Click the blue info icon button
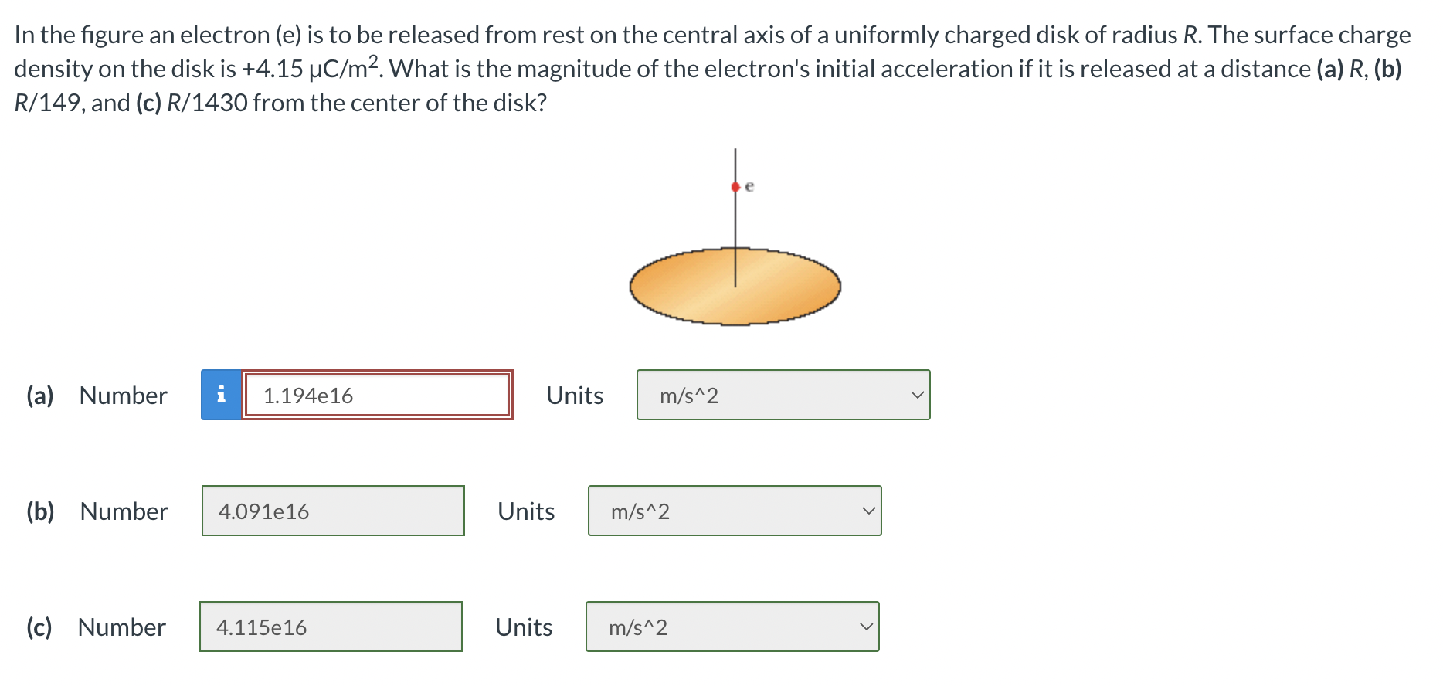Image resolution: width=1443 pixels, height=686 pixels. (x=221, y=395)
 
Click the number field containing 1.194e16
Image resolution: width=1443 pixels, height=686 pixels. (x=377, y=395)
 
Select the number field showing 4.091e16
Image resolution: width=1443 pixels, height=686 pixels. (x=333, y=511)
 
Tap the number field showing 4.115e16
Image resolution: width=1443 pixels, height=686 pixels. (x=331, y=627)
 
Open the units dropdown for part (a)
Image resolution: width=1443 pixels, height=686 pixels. (x=783, y=395)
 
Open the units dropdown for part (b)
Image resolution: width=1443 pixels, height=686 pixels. (x=734, y=511)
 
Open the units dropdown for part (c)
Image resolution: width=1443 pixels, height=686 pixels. (x=732, y=627)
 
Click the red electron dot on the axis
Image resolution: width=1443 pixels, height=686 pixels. (x=735, y=186)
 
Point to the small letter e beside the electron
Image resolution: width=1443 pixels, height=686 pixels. (x=749, y=186)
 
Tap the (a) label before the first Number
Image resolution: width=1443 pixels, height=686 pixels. (x=39, y=396)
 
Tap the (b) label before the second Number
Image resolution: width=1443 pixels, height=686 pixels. (x=40, y=511)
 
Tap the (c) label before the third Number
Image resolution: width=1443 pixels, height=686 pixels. (x=39, y=627)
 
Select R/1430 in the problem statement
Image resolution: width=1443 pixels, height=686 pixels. (x=206, y=103)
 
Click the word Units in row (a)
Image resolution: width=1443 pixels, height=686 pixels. (x=574, y=396)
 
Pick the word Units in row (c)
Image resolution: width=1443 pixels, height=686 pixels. (x=523, y=627)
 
